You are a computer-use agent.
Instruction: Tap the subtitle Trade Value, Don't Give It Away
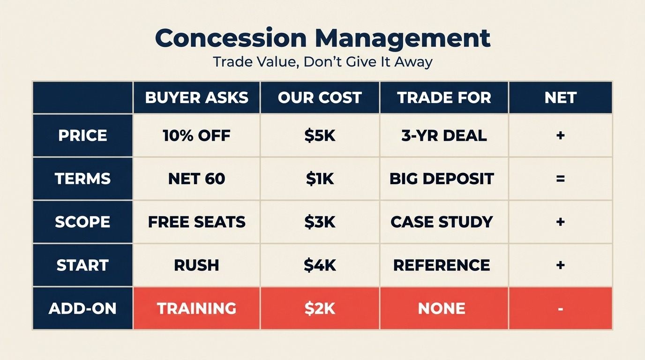[322, 62]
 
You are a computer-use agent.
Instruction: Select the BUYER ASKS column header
[196, 97]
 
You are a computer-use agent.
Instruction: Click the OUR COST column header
[320, 97]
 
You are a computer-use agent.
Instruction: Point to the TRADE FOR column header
[444, 97]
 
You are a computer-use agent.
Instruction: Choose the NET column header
[560, 97]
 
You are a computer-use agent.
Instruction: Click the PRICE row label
[82, 135]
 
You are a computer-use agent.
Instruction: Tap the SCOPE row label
[82, 222]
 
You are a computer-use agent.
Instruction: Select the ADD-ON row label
[82, 308]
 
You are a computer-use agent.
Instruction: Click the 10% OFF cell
[196, 135]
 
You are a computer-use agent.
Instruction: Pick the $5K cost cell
[320, 135]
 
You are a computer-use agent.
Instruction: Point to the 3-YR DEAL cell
[444, 135]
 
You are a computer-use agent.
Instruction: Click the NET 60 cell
[196, 179]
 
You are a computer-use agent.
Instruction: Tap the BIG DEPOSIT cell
[442, 179]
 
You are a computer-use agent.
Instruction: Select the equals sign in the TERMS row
[560, 179]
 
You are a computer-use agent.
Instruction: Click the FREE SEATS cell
[196, 222]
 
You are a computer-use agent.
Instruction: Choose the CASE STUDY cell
[442, 222]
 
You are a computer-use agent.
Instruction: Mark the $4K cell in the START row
[320, 265]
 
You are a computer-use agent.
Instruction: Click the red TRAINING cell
[196, 308]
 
